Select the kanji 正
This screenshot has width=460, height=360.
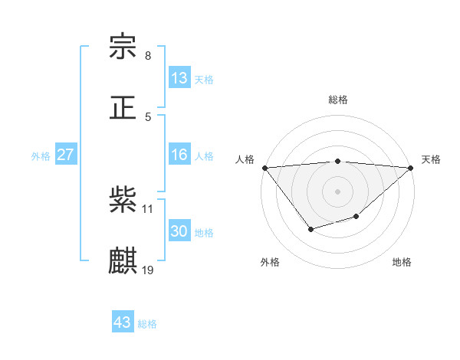(123, 107)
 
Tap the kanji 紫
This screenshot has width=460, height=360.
(123, 200)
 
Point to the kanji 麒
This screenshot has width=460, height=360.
(123, 260)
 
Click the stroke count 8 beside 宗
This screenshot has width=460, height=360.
(148, 56)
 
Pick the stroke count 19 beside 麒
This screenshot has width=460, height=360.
(148, 270)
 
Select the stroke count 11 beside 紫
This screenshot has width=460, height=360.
(148, 208)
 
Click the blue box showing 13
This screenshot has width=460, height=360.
(179, 78)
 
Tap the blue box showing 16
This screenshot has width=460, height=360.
(179, 155)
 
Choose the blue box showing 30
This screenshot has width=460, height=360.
(179, 231)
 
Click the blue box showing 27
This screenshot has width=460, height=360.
(66, 155)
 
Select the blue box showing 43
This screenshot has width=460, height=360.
(123, 322)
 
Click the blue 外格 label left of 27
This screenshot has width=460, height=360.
(41, 155)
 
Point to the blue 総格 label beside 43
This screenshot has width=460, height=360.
(147, 324)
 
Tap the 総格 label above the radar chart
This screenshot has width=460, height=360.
(338, 100)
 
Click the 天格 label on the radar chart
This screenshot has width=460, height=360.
(432, 159)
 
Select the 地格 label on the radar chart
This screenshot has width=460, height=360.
(402, 263)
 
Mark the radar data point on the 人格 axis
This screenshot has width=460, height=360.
(264, 168)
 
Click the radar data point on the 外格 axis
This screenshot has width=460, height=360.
(310, 229)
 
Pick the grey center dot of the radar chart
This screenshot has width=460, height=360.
(338, 191)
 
